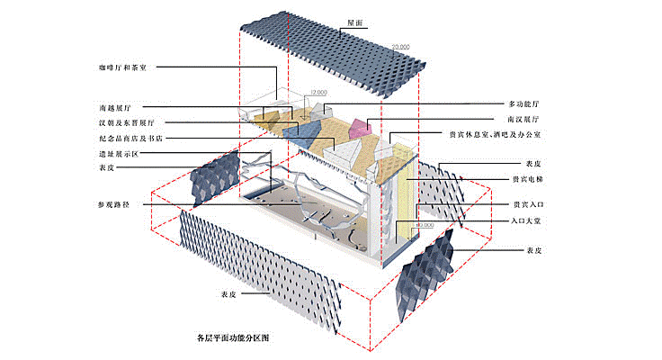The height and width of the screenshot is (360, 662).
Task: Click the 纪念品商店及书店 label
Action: tap(128, 139)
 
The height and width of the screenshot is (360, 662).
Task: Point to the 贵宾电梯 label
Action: tap(525, 179)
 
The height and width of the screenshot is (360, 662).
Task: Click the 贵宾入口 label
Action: tap(525, 204)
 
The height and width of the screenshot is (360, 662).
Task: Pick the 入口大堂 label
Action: tap(525, 220)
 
